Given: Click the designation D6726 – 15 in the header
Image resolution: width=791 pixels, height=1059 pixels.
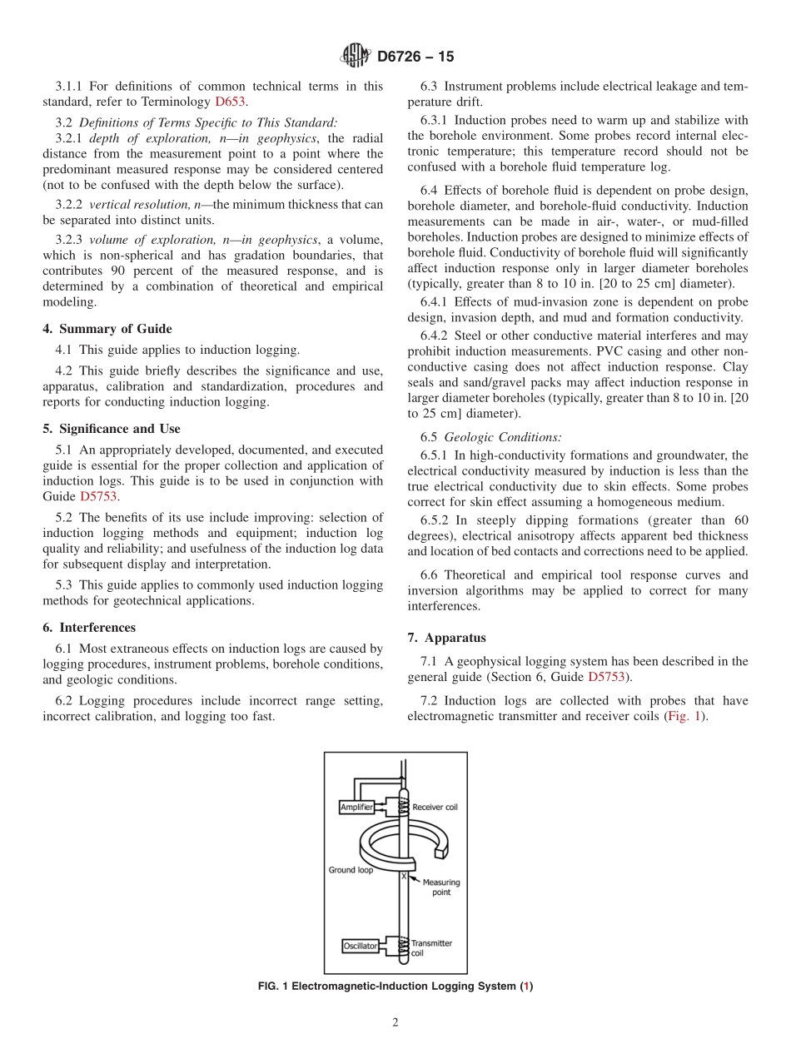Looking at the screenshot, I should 415,57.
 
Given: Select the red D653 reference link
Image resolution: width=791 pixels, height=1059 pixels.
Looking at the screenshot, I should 231,102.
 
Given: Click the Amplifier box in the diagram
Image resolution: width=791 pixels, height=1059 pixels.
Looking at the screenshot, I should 357,807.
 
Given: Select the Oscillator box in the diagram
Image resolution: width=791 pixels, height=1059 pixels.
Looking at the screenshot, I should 361,946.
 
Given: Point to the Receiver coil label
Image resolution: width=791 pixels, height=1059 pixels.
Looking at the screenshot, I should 435,807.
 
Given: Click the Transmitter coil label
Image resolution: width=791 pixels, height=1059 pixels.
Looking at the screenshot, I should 431,947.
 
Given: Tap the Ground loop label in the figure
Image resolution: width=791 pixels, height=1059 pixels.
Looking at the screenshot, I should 351,870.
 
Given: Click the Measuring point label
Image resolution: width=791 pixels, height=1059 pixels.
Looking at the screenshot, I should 440,887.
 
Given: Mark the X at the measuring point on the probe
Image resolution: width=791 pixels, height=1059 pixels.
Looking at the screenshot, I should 404,876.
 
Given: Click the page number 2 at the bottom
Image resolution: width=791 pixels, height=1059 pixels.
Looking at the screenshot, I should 395,1023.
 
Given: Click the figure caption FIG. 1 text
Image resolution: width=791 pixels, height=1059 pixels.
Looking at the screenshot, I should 395,987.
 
